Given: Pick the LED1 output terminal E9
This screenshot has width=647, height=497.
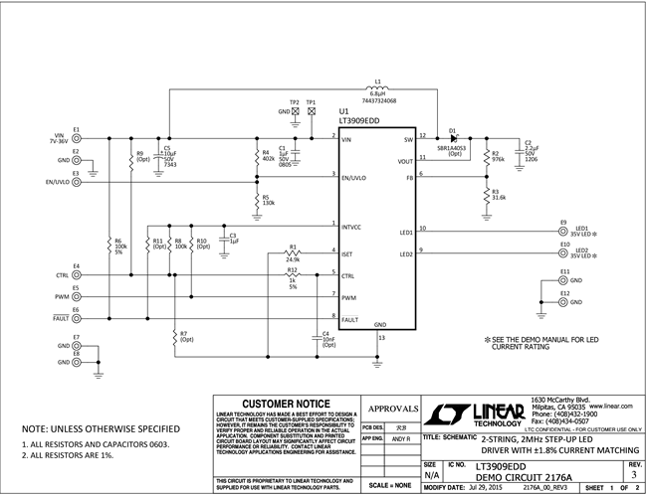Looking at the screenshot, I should (564, 229).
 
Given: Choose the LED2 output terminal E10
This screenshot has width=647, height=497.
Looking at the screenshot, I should (564, 250).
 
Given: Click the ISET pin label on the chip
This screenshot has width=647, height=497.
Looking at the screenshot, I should (348, 253).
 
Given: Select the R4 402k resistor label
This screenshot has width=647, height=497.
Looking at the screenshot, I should (269, 157).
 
